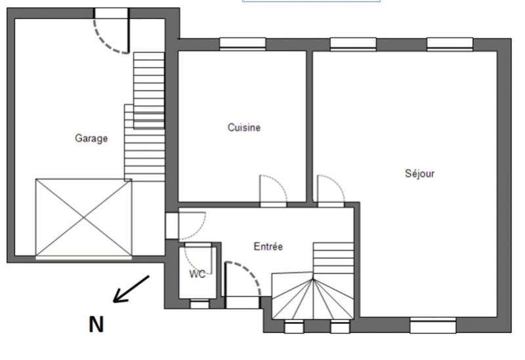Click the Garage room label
tap(91, 138)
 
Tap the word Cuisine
tap(243, 128)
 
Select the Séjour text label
tap(419, 174)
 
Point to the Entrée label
tap(268, 247)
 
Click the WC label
tap(197, 274)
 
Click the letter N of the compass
tap(96, 324)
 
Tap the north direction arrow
tap(131, 289)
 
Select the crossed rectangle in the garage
tap(83, 218)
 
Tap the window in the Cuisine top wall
tap(242, 44)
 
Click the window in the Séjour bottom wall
tap(432, 325)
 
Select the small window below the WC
tap(199, 303)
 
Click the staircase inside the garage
tap(144, 118)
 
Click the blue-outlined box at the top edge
tap(311, 1)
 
